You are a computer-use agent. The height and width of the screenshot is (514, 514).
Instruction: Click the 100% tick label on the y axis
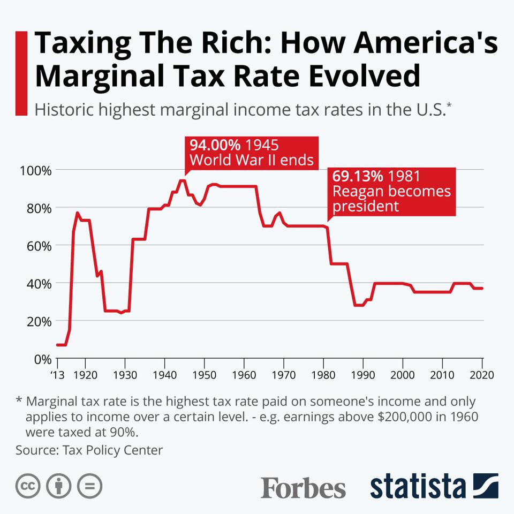pos(36,170)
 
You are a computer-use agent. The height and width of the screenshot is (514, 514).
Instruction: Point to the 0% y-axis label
pos(41,359)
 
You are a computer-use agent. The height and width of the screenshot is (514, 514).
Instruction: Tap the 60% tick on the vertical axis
pos(39,246)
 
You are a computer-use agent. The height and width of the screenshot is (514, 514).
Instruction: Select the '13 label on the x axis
pos(57,374)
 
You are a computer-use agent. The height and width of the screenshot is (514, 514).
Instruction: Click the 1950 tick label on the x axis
pos(204,374)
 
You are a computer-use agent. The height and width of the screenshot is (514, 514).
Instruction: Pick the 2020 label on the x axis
pos(482,374)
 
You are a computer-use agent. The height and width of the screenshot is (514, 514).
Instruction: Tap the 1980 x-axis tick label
pos(323,374)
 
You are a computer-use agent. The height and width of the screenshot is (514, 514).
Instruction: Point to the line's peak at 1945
pos(183,180)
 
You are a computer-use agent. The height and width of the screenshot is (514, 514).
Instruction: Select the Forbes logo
pos(303,487)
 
